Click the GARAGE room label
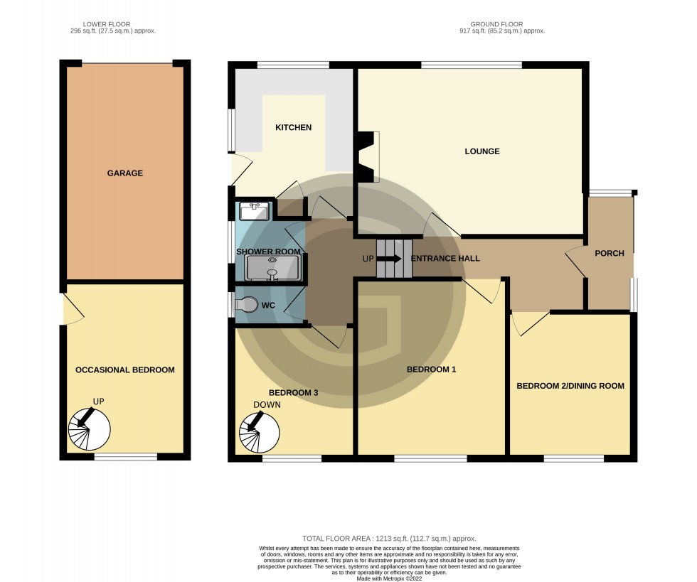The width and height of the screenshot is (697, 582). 125,173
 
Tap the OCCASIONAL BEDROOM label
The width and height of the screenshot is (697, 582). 125,370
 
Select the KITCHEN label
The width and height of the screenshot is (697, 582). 294,128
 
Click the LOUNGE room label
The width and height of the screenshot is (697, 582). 482,151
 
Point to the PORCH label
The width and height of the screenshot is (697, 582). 610,253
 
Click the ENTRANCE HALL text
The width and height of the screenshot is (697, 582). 445,258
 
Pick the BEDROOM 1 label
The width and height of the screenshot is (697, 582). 431,370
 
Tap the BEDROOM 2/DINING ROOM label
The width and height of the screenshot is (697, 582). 570,386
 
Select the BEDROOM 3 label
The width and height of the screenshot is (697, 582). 293,392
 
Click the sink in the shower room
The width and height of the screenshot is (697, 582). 255,211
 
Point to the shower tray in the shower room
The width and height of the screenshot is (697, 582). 272,268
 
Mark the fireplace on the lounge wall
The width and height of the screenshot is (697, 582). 368,156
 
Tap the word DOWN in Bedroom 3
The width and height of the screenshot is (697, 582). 267,405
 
